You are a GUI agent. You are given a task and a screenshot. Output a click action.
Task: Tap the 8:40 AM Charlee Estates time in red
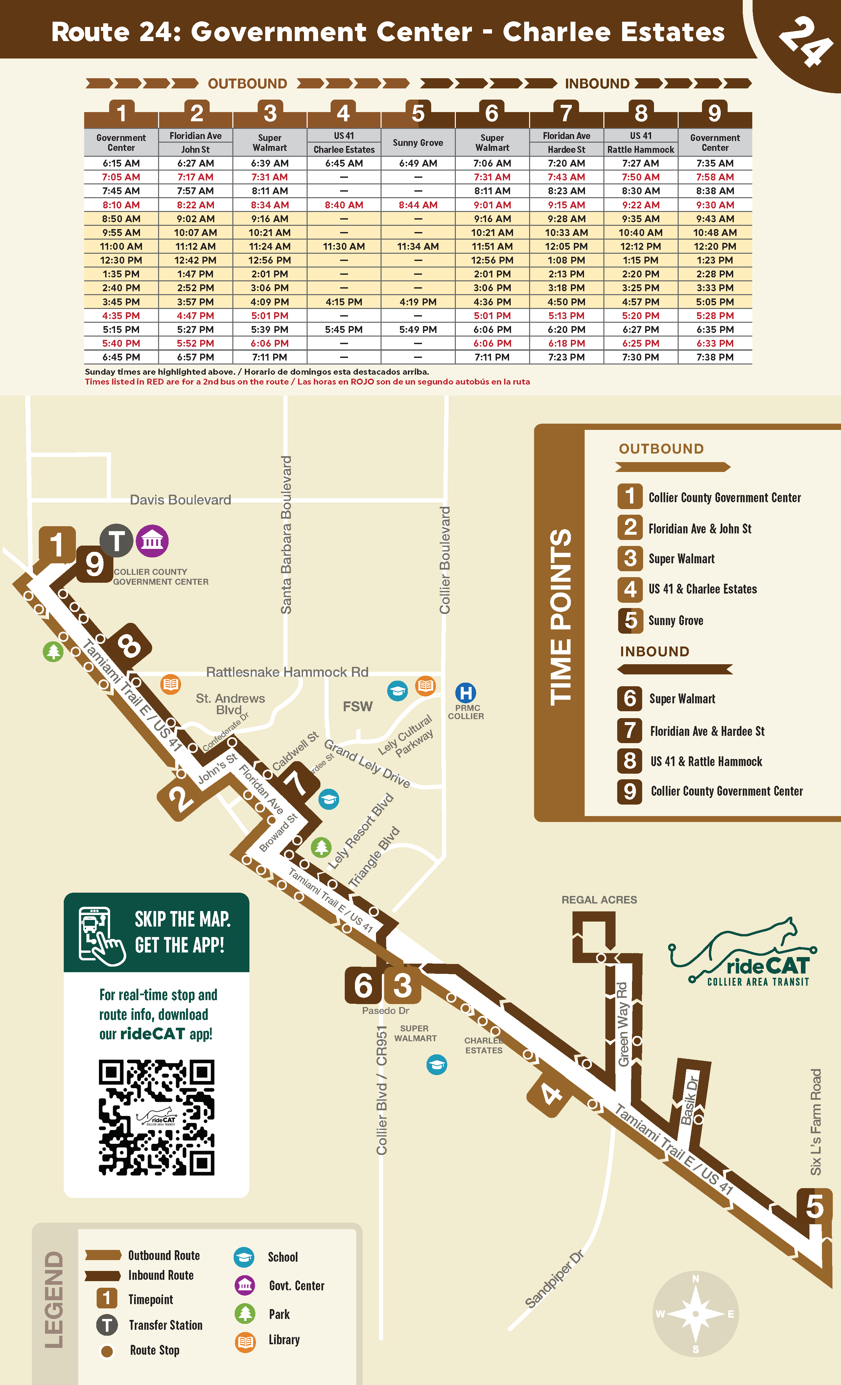pos(343,205)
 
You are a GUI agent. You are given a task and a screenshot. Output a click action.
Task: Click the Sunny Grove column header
pos(418,143)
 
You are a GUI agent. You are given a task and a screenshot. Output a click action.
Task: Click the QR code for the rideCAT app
pos(156,1117)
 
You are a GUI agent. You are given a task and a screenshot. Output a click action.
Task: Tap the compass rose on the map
pos(695,1314)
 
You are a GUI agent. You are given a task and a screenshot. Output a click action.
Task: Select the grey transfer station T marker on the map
pos(116,541)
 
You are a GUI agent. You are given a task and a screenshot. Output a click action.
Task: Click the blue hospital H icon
pos(465,692)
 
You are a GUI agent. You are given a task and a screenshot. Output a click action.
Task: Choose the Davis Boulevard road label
pos(180,500)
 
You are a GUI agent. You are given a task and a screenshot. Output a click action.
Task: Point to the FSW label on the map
pos(358,707)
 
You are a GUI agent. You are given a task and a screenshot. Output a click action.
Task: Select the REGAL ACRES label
pos(599,900)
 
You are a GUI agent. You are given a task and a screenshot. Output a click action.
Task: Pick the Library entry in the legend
pos(284,1340)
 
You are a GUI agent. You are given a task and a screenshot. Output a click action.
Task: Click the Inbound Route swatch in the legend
pos(103,1276)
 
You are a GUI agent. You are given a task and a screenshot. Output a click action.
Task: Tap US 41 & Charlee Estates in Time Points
pos(702,589)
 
